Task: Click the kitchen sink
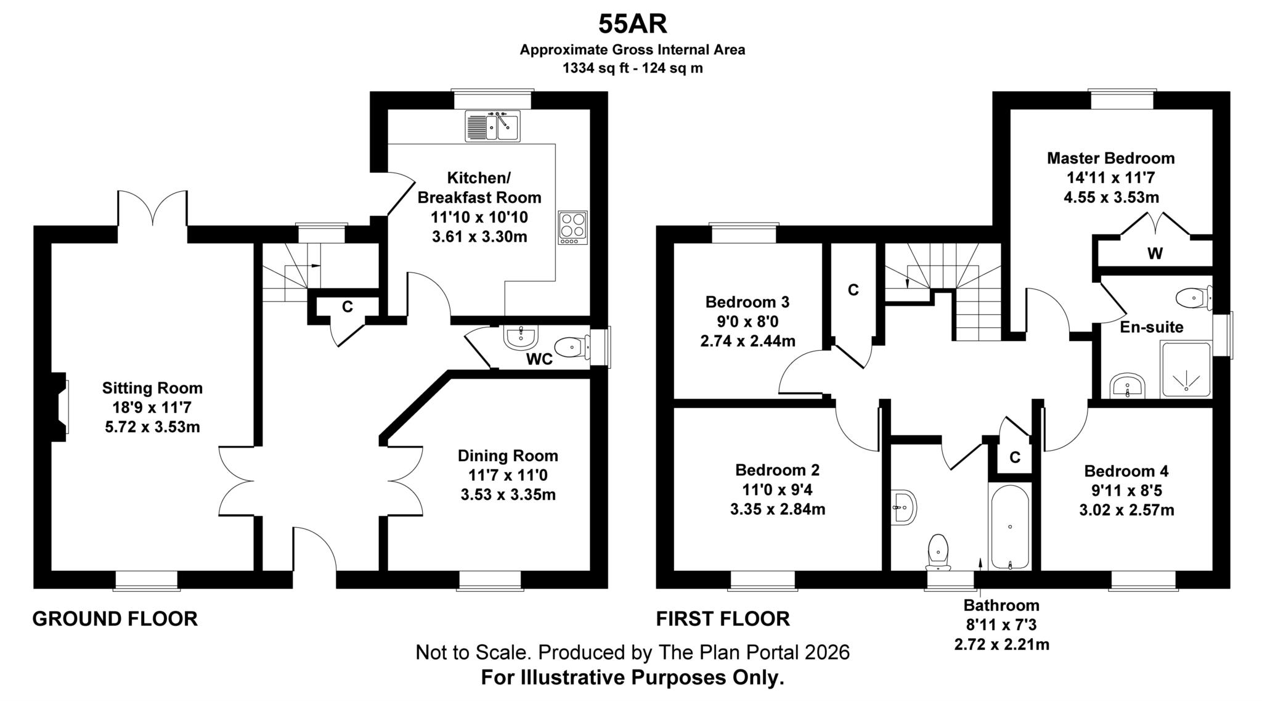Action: (x=493, y=126)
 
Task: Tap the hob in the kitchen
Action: (x=572, y=228)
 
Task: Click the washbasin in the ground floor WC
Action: (x=521, y=337)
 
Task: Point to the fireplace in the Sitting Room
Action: (x=60, y=407)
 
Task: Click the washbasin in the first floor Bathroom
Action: (x=903, y=507)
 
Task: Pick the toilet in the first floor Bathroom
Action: (x=938, y=552)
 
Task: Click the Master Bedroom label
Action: (x=1110, y=158)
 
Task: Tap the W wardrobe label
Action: (x=1155, y=253)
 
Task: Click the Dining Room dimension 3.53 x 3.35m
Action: (x=508, y=495)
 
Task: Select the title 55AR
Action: (x=632, y=25)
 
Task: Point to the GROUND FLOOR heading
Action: (x=115, y=618)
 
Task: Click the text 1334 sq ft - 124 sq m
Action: (x=632, y=68)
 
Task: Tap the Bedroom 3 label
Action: (x=747, y=302)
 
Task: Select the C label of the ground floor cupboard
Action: (x=348, y=306)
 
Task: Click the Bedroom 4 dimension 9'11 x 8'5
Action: (x=1126, y=491)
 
